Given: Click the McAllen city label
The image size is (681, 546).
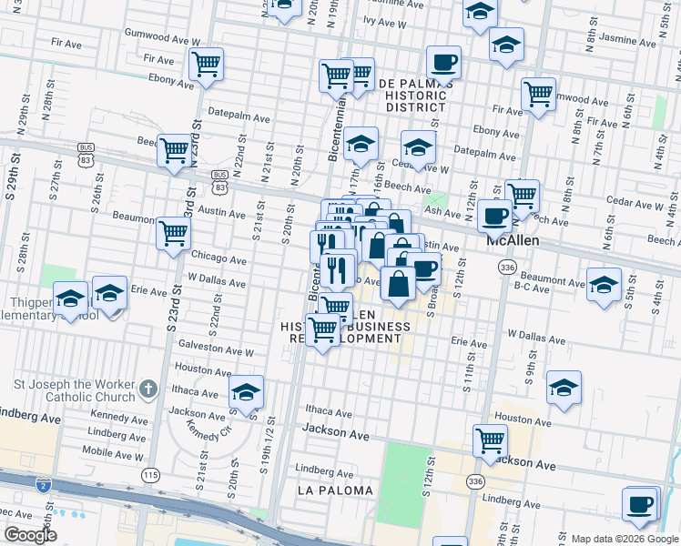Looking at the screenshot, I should pyautogui.click(x=513, y=241).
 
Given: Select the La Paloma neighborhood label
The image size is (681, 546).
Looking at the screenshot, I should pyautogui.click(x=335, y=490).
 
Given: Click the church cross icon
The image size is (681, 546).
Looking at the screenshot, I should pyautogui.click(x=148, y=392).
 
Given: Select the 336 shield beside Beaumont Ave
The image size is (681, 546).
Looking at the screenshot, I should pyautogui.click(x=508, y=268).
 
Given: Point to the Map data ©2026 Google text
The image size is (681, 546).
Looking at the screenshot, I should pyautogui.click(x=624, y=539).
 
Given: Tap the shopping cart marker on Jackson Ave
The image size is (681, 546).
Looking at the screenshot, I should pyautogui.click(x=490, y=440).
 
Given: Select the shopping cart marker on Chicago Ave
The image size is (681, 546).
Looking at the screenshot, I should pyautogui.click(x=173, y=233).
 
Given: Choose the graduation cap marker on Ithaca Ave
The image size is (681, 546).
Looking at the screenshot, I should pyautogui.click(x=246, y=391).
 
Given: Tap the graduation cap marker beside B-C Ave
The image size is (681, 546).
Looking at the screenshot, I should pyautogui.click(x=604, y=284).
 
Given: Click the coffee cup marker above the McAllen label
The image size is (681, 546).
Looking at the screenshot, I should pyautogui.click(x=494, y=216).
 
